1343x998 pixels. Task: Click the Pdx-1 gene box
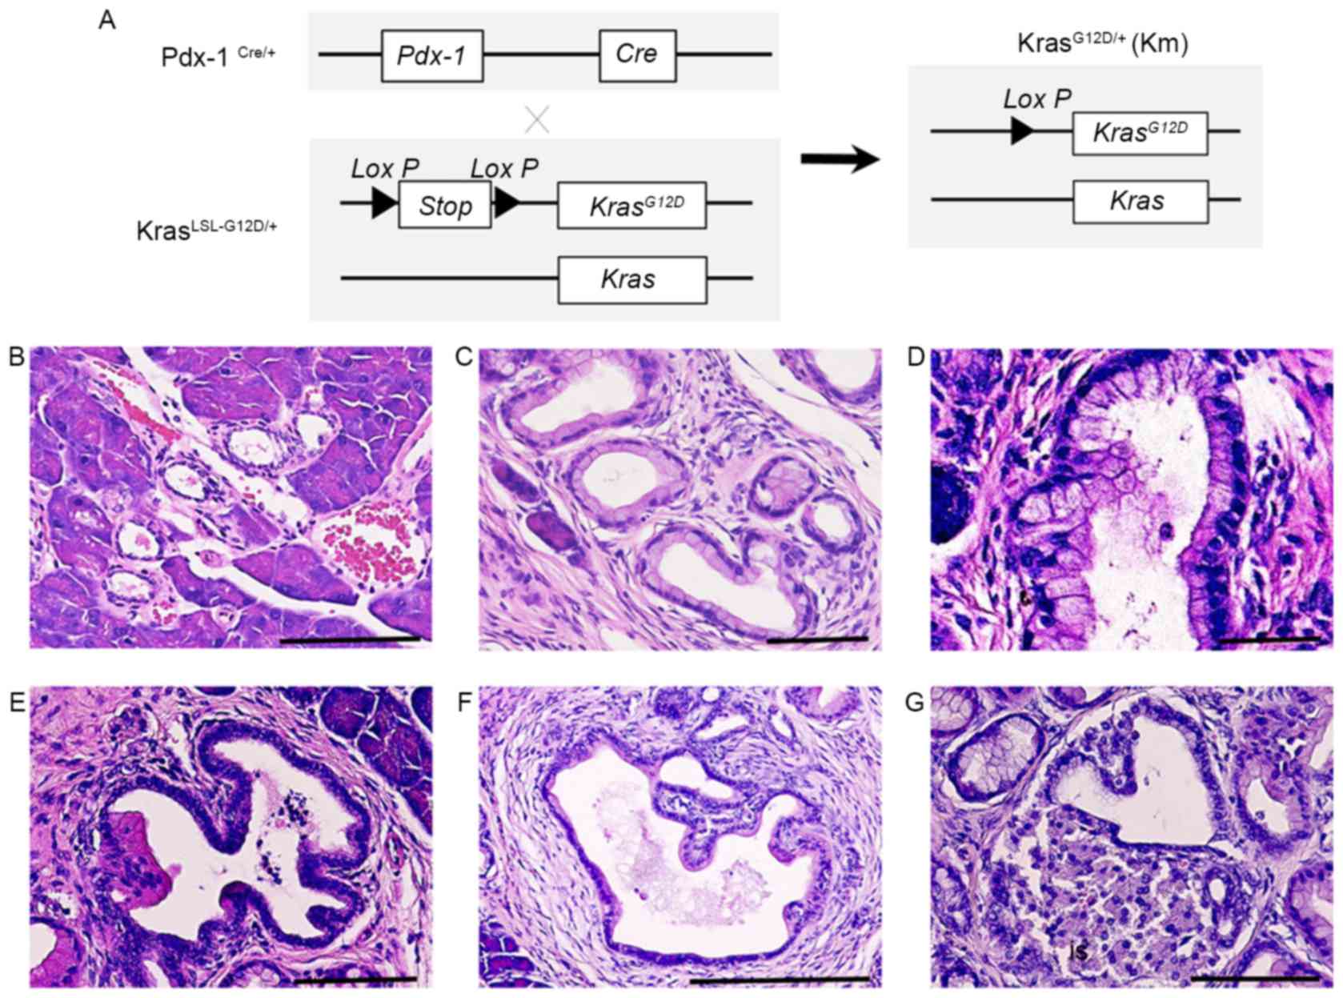coord(432,55)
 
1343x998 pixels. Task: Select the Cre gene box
coord(637,55)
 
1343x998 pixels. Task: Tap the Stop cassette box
coord(444,206)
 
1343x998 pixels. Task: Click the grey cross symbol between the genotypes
coord(537,120)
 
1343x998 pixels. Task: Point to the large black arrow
coord(840,159)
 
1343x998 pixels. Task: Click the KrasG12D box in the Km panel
coord(1140,133)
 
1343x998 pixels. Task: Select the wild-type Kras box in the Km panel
coord(1140,201)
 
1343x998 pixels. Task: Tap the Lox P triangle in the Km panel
coord(1021,130)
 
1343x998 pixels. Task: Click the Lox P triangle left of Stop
coord(384,203)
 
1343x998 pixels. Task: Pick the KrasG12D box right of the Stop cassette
coord(631,206)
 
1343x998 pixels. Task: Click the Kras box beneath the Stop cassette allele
coord(631,279)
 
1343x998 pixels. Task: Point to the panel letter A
coord(107,20)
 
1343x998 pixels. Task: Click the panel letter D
coord(916,358)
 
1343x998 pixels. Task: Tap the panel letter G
coord(915,702)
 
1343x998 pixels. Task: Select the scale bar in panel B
coord(350,639)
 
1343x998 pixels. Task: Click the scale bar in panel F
coord(779,979)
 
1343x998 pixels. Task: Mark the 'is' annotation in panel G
coord(1080,951)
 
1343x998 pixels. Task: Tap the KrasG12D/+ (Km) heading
coord(1102,43)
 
